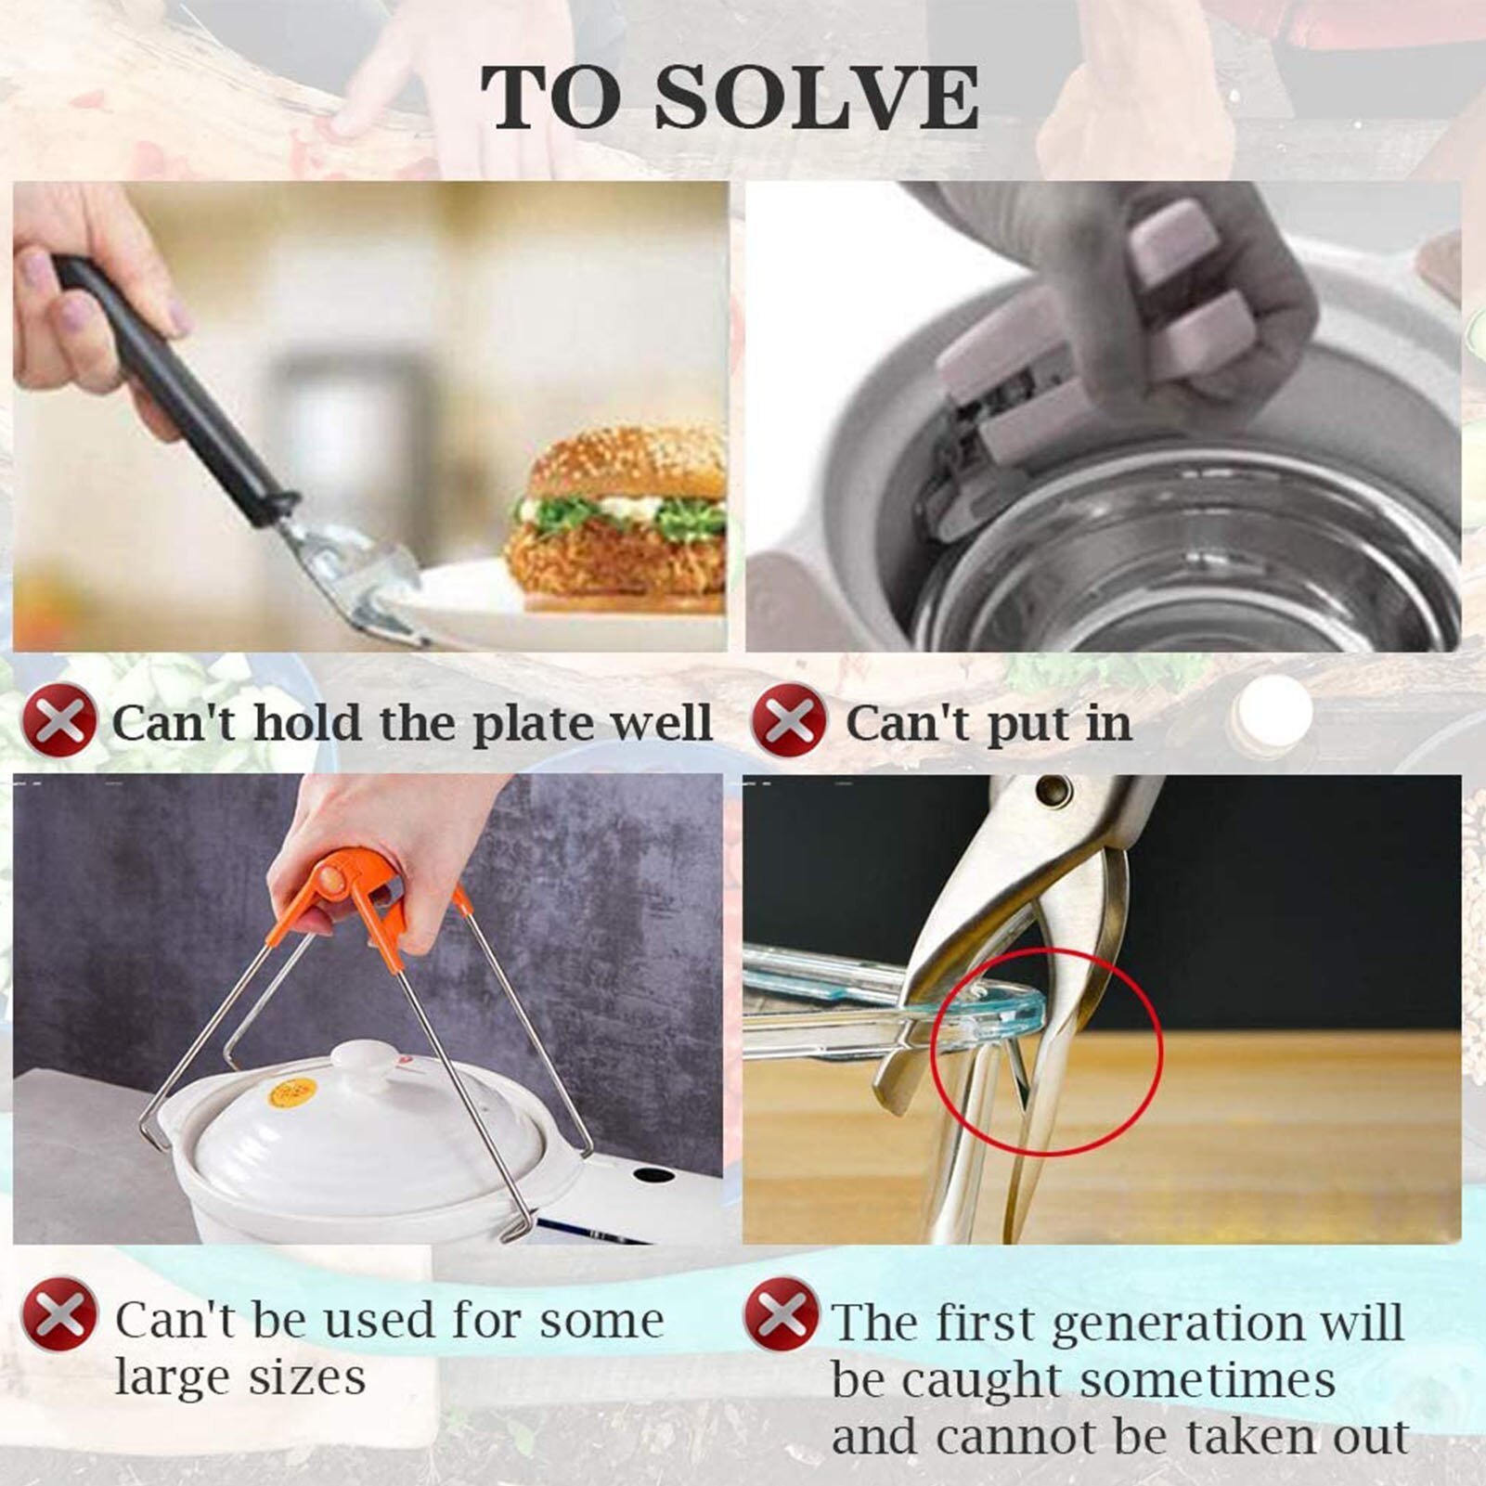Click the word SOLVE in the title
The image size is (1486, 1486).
[x=817, y=97]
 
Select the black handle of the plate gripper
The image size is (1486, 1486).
[x=176, y=390]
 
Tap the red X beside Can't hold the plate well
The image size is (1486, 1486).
[x=58, y=719]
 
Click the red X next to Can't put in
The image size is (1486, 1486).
[x=788, y=719]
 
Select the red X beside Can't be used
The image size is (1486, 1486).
[x=58, y=1314]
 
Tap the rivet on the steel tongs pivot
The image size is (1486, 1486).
[x=1053, y=792]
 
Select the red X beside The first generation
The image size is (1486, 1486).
[x=781, y=1314]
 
